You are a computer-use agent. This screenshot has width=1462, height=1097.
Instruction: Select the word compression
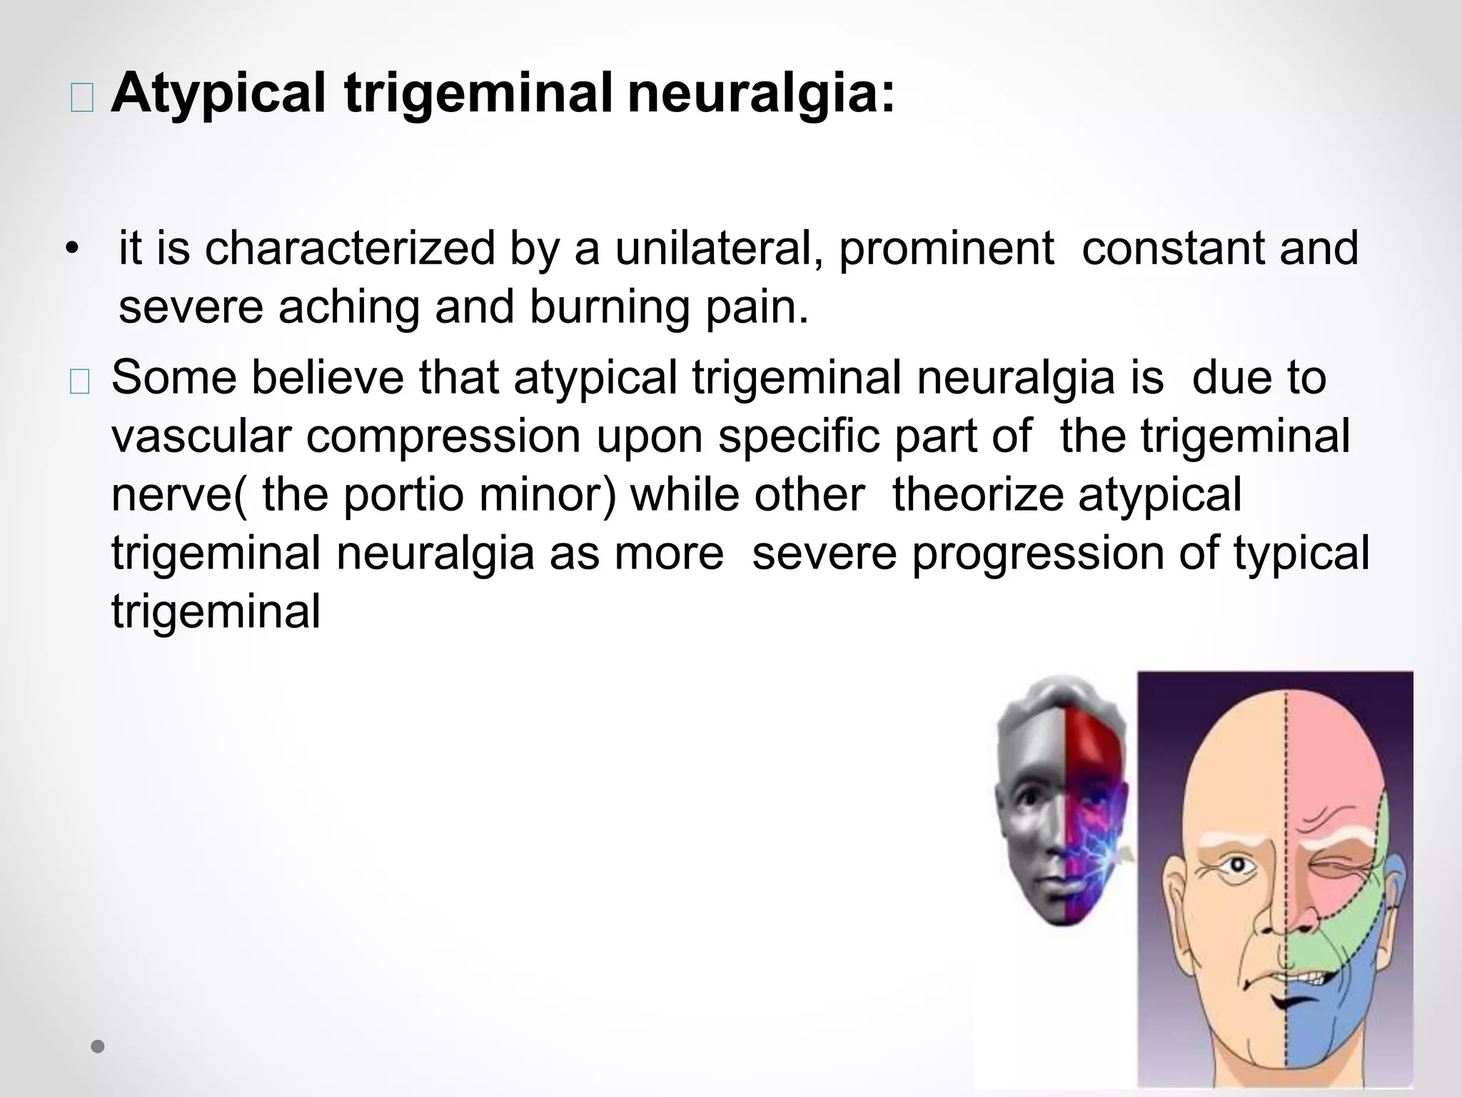click(443, 436)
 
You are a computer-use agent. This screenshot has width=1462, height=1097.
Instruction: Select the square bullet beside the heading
click(81, 101)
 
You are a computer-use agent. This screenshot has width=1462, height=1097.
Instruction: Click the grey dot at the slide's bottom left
click(99, 1047)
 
